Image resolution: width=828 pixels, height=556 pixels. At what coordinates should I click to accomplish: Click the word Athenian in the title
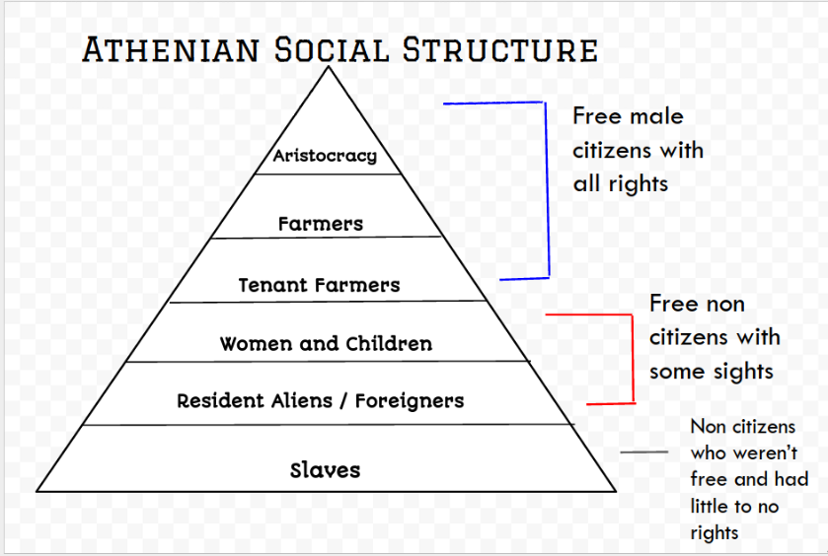[x=171, y=49]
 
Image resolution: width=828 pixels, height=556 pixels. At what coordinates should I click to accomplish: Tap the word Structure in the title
[x=499, y=49]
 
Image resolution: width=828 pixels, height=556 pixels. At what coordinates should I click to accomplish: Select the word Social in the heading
[x=331, y=49]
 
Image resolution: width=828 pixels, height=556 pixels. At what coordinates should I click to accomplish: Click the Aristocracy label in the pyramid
[x=325, y=156]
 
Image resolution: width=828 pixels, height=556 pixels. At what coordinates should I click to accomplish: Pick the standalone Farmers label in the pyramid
[x=321, y=224]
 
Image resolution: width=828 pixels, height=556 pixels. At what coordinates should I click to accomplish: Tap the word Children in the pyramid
[x=389, y=343]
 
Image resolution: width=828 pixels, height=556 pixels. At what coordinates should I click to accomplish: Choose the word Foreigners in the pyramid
[x=410, y=401]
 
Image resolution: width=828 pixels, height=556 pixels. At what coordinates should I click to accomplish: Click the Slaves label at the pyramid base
[x=325, y=469]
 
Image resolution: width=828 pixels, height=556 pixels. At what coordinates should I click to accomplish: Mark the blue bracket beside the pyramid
[x=547, y=190]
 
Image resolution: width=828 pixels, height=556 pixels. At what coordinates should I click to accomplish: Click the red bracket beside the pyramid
[x=632, y=359]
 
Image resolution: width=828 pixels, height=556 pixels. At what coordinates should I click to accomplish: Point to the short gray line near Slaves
[x=643, y=452]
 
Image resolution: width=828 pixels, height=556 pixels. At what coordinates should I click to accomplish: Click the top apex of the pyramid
[x=329, y=66]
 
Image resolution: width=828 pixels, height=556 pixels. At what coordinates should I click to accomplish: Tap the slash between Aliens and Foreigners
[x=343, y=401]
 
